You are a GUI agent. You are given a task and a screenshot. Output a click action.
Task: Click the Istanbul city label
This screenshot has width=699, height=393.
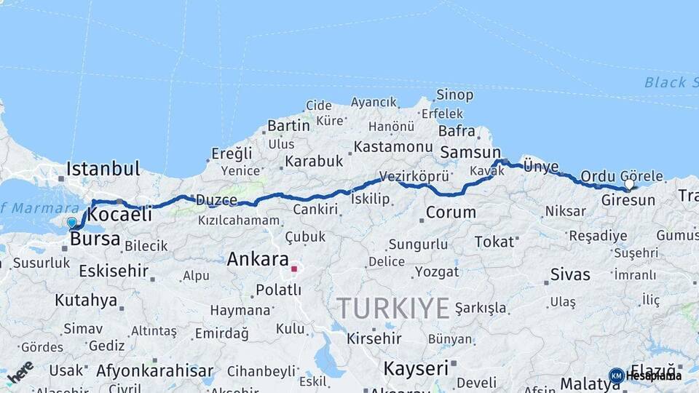click(x=103, y=170)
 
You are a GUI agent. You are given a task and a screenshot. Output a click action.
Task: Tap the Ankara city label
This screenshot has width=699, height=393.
click(x=257, y=259)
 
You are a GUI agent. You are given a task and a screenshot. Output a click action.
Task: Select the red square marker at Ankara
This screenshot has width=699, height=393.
click(x=294, y=269)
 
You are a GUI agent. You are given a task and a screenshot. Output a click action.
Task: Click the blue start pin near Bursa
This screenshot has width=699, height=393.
click(x=71, y=223)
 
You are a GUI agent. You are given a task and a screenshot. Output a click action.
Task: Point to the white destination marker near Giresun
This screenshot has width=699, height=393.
click(x=629, y=185)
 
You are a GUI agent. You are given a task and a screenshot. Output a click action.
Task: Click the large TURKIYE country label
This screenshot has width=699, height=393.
click(x=393, y=309)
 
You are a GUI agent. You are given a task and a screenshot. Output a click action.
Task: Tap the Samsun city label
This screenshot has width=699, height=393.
click(x=470, y=153)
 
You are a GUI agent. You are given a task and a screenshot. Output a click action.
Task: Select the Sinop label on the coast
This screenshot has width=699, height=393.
click(x=455, y=95)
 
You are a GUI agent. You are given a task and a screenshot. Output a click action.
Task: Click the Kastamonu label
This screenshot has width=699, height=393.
click(x=392, y=147)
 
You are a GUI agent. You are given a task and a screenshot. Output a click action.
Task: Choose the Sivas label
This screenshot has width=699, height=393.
click(x=570, y=274)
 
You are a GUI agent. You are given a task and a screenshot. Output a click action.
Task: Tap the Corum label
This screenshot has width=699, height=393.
click(x=451, y=213)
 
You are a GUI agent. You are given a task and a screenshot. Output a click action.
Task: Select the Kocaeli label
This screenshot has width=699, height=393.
click(x=119, y=214)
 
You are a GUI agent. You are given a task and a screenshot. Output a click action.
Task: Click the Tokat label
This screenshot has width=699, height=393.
click(x=494, y=242)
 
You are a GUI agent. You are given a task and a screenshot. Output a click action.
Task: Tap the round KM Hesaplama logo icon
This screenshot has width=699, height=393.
click(x=616, y=376)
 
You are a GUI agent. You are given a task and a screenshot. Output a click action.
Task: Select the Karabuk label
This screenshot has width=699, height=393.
click(x=314, y=161)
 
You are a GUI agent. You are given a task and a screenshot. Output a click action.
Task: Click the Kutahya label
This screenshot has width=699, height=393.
click(x=86, y=300)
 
